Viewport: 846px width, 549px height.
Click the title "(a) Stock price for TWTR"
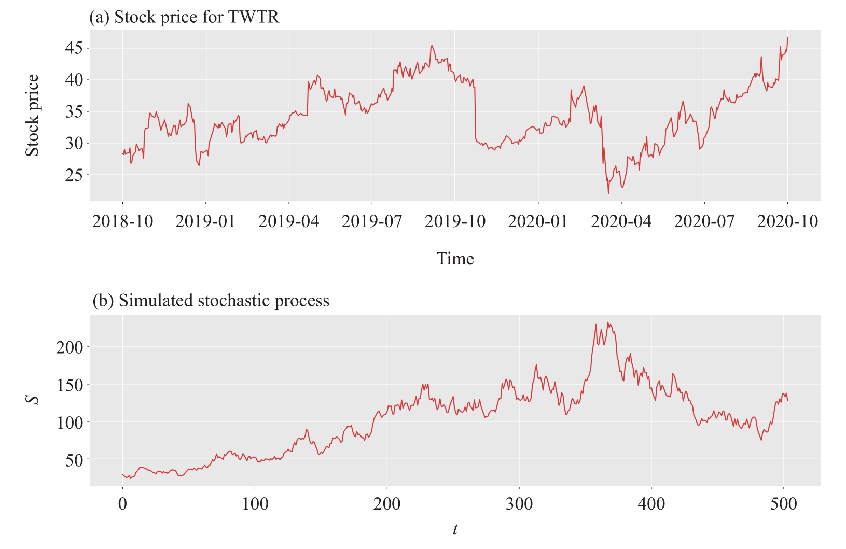click(184, 17)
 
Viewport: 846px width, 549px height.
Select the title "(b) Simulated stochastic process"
click(211, 301)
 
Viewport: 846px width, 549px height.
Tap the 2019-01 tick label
click(205, 222)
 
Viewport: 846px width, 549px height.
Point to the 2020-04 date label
click(621, 222)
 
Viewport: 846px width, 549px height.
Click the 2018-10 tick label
click(122, 222)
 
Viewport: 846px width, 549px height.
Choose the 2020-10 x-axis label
click(787, 222)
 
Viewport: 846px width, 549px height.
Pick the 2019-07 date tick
click(371, 222)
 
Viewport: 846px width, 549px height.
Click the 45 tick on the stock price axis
click(74, 49)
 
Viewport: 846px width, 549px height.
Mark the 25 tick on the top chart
click(74, 175)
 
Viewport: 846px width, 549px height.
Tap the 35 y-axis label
click(74, 112)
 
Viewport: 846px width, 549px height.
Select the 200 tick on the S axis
click(69, 347)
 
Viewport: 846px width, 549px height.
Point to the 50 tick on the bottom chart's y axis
click(74, 460)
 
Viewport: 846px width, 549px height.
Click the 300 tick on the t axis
click(519, 504)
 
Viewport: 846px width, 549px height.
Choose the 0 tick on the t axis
click(122, 504)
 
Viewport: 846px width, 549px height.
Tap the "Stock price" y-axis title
click(33, 115)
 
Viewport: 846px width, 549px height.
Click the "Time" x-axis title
click(455, 259)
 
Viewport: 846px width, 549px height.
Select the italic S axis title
click(33, 400)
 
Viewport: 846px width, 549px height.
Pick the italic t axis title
click(455, 530)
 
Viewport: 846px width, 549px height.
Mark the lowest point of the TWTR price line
click(608, 194)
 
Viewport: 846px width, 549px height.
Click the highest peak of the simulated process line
click(608, 322)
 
